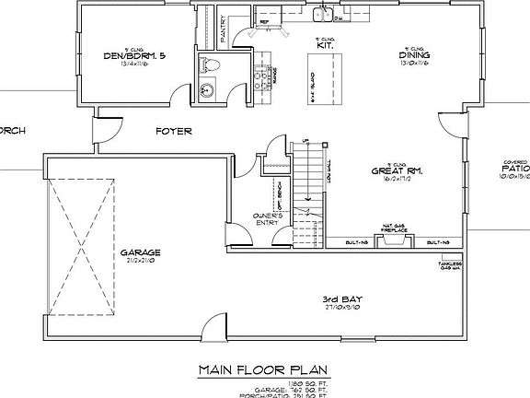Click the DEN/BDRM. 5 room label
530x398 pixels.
click(136, 56)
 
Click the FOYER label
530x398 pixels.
click(173, 132)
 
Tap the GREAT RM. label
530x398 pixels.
click(396, 170)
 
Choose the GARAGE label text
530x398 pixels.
click(139, 252)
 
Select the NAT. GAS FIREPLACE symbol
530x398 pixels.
click(394, 240)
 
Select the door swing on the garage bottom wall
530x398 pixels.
click(213, 329)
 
